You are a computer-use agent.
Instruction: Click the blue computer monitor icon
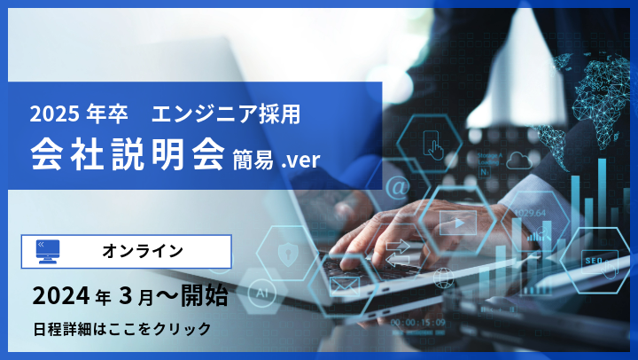[x=48, y=251]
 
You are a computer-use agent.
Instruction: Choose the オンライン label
[x=143, y=251]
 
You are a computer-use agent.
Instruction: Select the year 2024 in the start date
[x=60, y=295]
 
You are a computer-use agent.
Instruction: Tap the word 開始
[x=205, y=295]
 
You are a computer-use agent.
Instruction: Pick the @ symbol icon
[x=396, y=187]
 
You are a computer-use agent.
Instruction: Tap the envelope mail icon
[x=345, y=286]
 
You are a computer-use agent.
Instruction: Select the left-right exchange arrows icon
[x=397, y=252]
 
